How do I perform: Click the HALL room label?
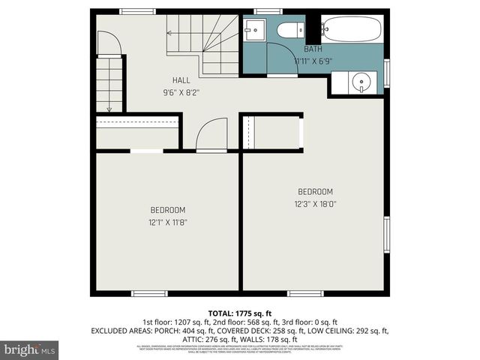click(x=181, y=79)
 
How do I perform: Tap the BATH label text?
click(x=313, y=49)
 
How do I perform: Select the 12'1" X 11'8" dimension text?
click(x=167, y=222)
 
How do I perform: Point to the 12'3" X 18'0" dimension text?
click(x=315, y=203)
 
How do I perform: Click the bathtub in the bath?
click(x=353, y=31)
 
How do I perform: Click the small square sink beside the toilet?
click(x=253, y=32)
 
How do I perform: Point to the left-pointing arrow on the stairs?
click(x=171, y=32)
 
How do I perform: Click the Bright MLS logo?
click(x=29, y=349)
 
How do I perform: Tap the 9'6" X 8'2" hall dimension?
click(x=181, y=93)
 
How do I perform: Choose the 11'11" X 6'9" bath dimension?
click(x=313, y=61)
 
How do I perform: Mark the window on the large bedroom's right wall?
click(x=387, y=237)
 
